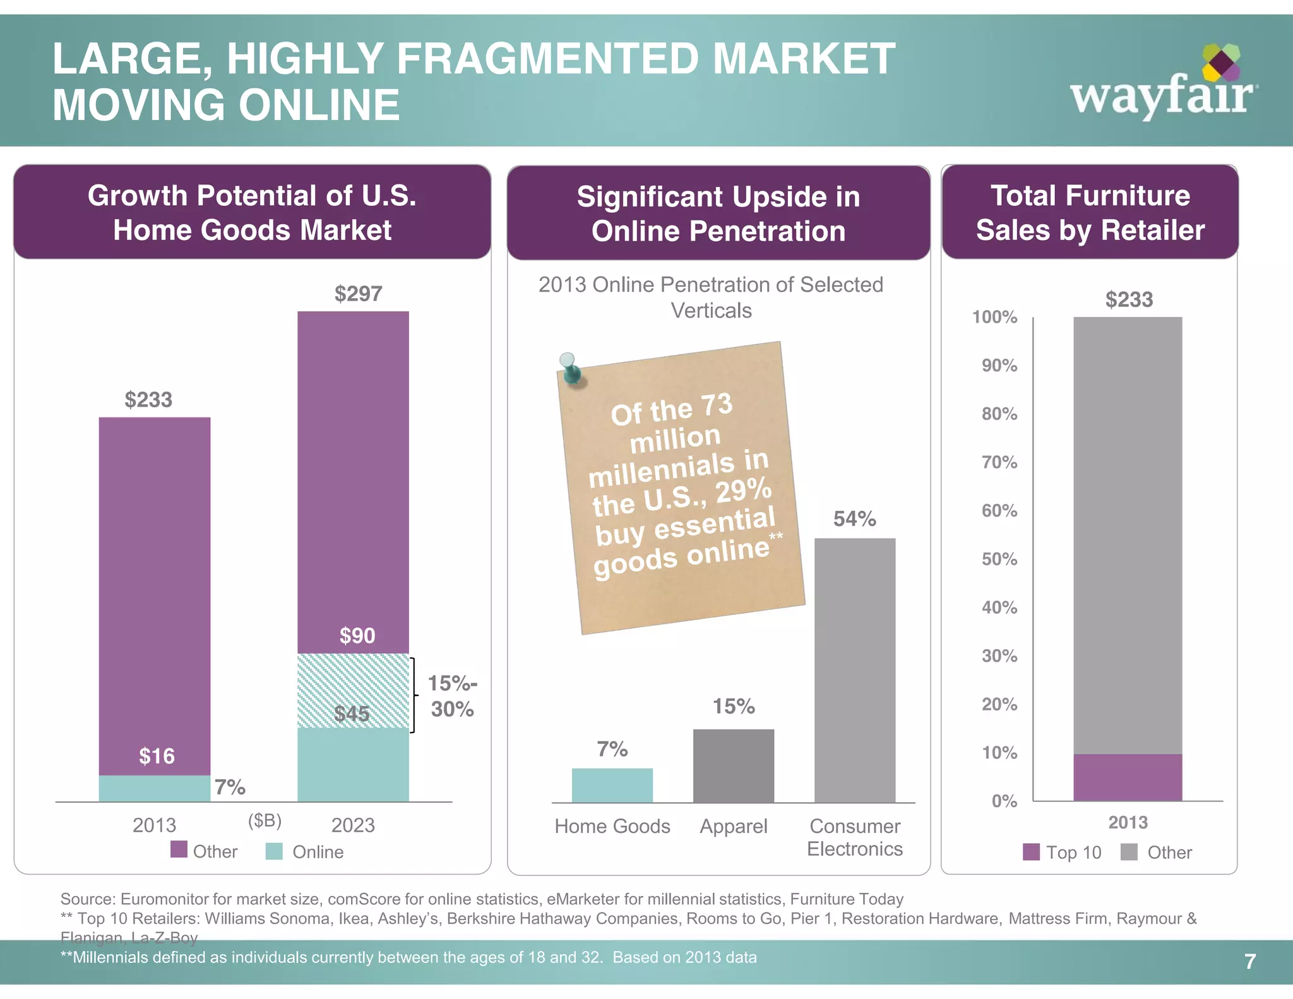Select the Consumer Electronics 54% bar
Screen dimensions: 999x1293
(854, 669)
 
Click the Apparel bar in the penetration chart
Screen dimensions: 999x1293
(733, 765)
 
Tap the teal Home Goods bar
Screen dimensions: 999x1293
(612, 785)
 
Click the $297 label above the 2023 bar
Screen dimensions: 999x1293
(358, 294)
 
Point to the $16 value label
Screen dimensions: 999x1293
(157, 756)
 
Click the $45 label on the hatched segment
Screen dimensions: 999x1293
(352, 714)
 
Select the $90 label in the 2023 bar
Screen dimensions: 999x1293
(357, 635)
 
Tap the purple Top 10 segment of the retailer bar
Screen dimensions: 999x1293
(1128, 777)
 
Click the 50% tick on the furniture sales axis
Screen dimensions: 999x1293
(999, 559)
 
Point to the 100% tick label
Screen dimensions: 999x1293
(994, 317)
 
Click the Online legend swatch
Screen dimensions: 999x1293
(274, 851)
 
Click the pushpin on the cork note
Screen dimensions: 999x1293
(571, 368)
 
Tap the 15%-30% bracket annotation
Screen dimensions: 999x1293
(451, 696)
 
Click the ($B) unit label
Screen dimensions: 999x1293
(265, 820)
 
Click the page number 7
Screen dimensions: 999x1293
(1249, 961)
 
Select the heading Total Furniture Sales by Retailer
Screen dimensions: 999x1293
(1090, 213)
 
